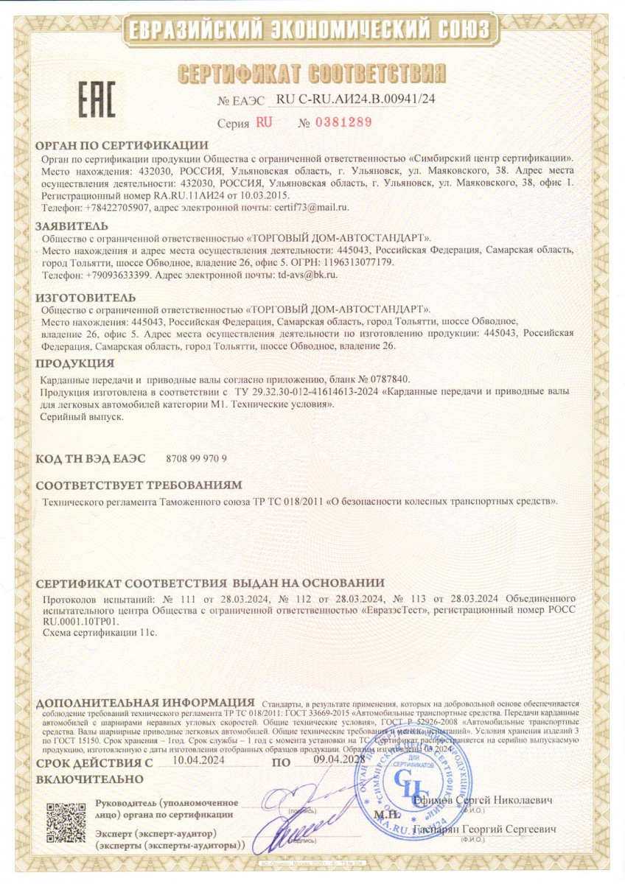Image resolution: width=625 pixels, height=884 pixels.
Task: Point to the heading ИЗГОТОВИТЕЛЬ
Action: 85,297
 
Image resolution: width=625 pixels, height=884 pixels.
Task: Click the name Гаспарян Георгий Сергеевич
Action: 484,829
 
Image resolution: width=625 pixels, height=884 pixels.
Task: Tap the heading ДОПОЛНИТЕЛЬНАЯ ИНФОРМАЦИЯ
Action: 144,701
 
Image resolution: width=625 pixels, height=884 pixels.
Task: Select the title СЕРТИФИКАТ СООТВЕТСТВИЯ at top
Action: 313,74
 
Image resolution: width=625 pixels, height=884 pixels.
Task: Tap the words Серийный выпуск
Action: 82,416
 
